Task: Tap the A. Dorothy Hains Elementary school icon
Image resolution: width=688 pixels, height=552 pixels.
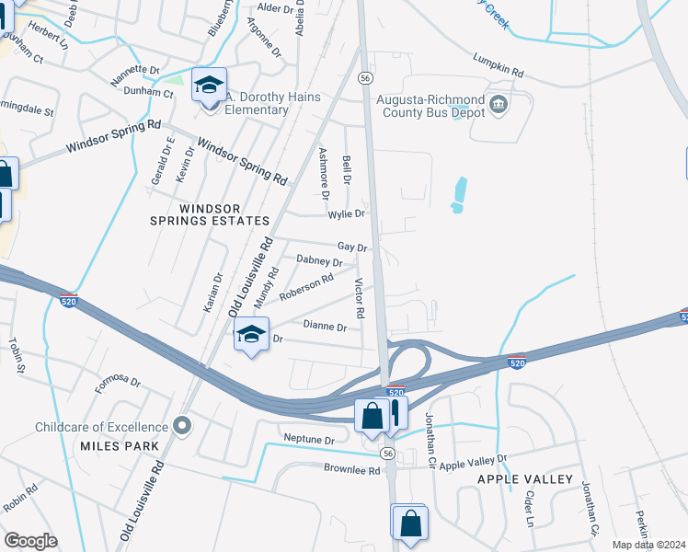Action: click(x=209, y=86)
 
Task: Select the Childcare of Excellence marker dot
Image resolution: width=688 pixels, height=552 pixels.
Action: click(x=182, y=426)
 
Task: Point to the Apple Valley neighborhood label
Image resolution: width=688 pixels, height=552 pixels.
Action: click(x=525, y=479)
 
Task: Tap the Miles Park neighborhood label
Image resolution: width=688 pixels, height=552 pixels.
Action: click(x=120, y=446)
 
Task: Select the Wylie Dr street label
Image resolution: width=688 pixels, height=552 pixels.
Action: click(x=347, y=213)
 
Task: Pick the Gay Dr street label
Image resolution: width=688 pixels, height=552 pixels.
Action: click(x=352, y=247)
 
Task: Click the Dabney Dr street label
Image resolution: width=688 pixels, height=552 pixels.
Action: click(x=318, y=262)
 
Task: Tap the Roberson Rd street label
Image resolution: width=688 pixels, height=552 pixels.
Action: click(x=306, y=286)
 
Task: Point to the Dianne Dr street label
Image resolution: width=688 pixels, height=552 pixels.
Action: click(x=325, y=327)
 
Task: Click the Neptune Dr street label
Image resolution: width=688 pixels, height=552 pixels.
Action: click(x=309, y=440)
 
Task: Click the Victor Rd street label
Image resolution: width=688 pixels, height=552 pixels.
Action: click(x=360, y=299)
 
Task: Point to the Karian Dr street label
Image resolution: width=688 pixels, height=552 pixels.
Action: click(x=218, y=291)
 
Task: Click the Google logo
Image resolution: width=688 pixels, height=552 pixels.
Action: click(x=30, y=541)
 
